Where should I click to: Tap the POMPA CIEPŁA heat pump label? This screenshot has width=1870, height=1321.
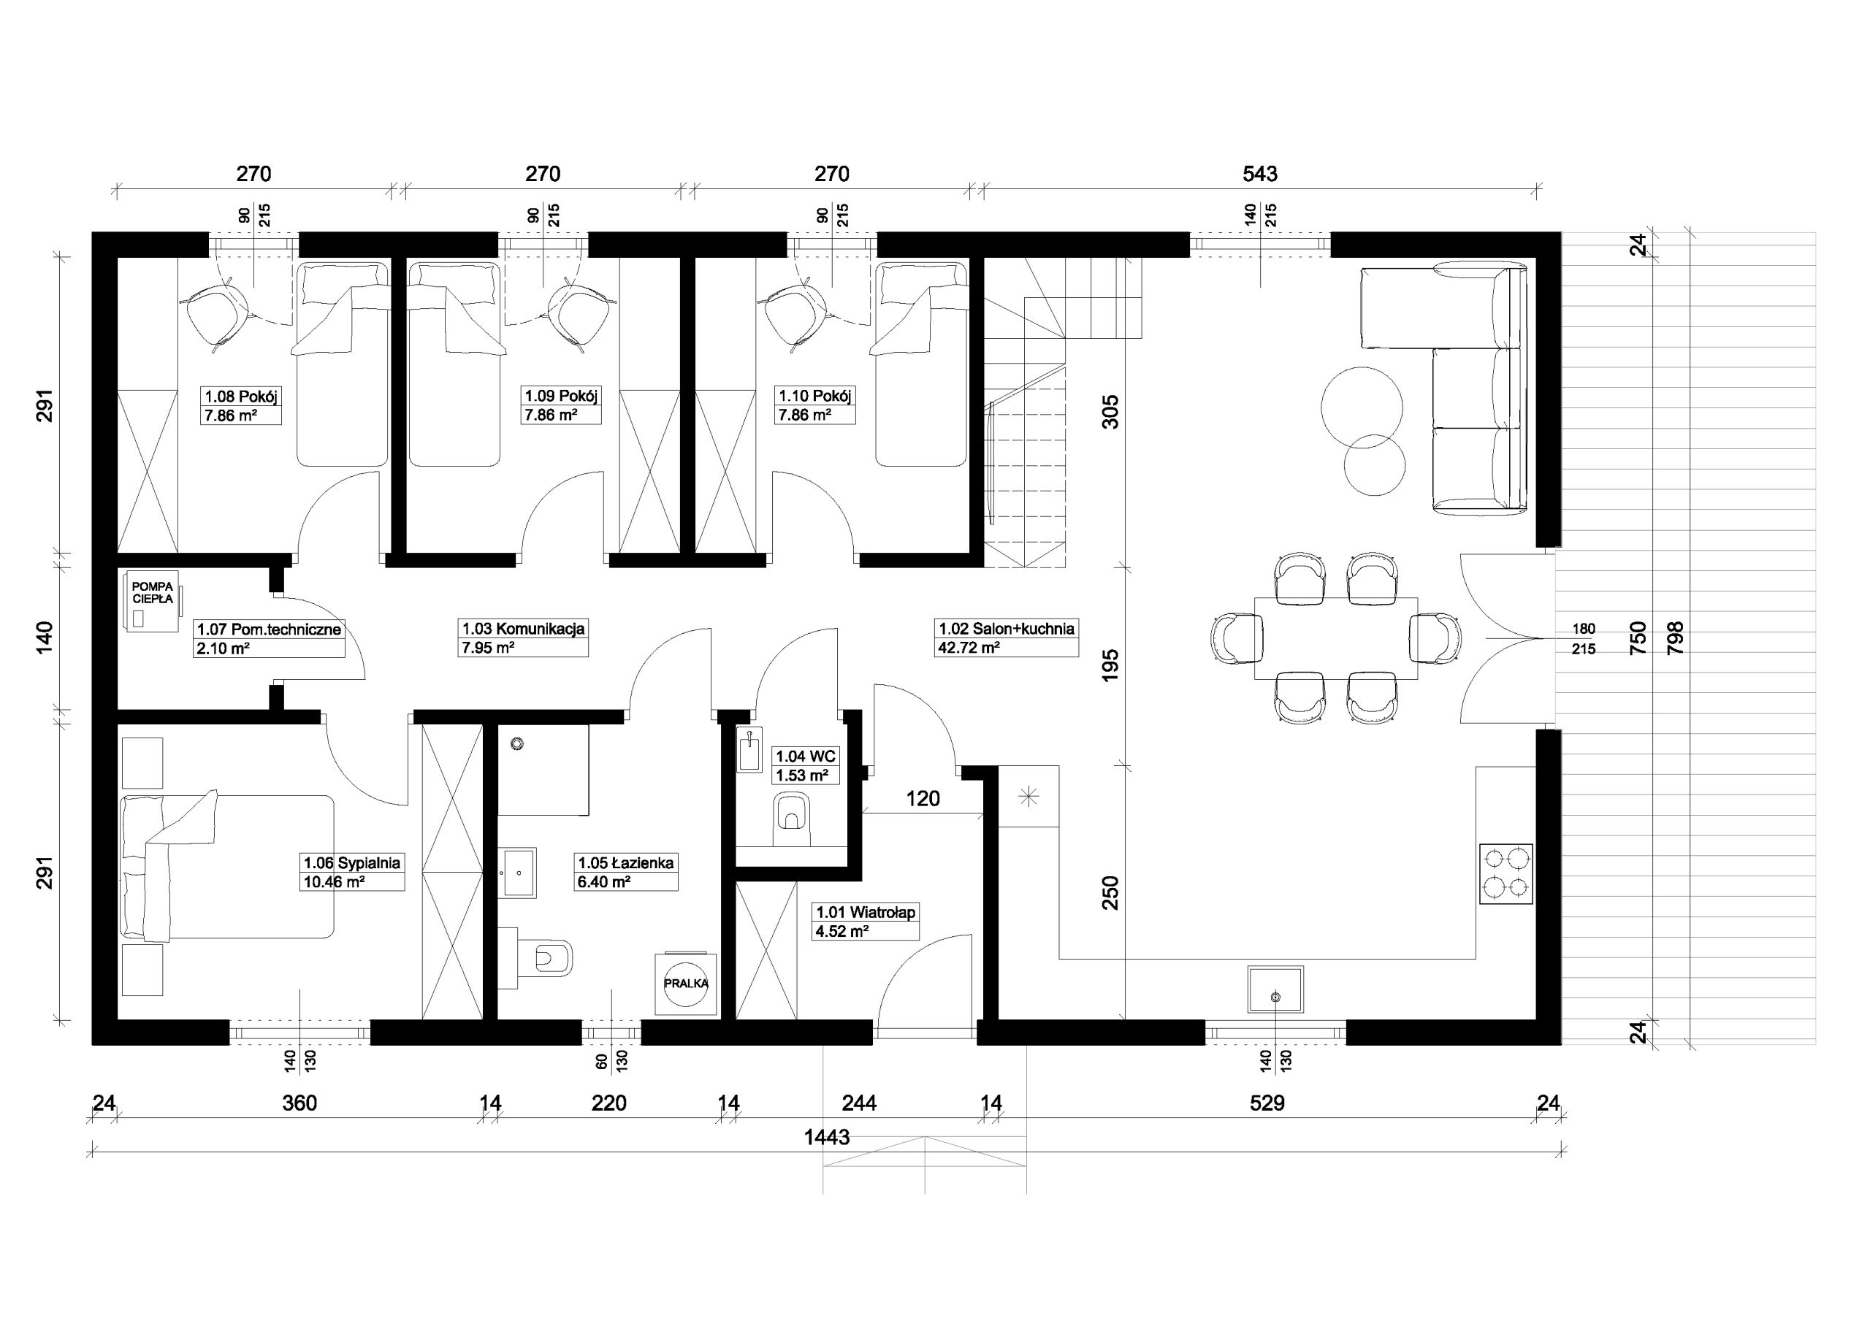pyautogui.click(x=153, y=592)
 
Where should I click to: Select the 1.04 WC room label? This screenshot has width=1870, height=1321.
pyautogui.click(x=805, y=765)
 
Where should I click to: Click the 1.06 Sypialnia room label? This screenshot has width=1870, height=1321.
pyautogui.click(x=352, y=872)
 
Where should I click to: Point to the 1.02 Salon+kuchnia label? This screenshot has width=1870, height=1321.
pyautogui.click(x=1007, y=637)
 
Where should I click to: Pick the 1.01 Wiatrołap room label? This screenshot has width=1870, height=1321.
pyautogui.click(x=866, y=921)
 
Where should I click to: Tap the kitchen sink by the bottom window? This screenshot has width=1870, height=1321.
pyautogui.click(x=1275, y=989)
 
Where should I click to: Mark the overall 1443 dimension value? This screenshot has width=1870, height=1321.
pyautogui.click(x=827, y=1137)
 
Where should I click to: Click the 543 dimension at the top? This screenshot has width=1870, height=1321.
pyautogui.click(x=1260, y=174)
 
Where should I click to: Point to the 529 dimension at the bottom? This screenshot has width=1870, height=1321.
pyautogui.click(x=1267, y=1103)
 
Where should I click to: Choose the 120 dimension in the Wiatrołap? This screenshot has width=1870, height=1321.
pyautogui.click(x=923, y=798)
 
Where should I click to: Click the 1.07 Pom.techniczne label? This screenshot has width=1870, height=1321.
pyautogui.click(x=269, y=638)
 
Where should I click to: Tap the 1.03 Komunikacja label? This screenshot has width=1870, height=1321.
pyautogui.click(x=523, y=637)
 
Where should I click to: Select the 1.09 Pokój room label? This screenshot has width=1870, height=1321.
pyautogui.click(x=561, y=405)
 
